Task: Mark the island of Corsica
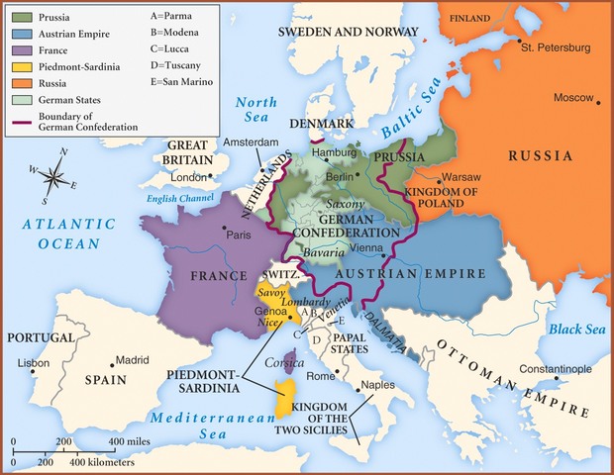[290, 359]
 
